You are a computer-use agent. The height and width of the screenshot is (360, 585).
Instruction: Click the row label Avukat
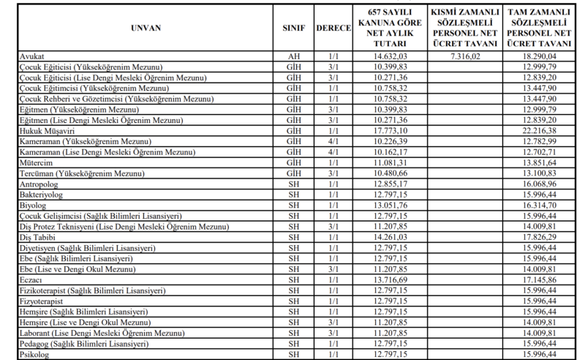click(31, 55)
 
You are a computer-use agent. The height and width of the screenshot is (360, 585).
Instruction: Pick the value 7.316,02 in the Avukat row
click(465, 55)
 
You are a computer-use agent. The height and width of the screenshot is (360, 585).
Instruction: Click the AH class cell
click(293, 55)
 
